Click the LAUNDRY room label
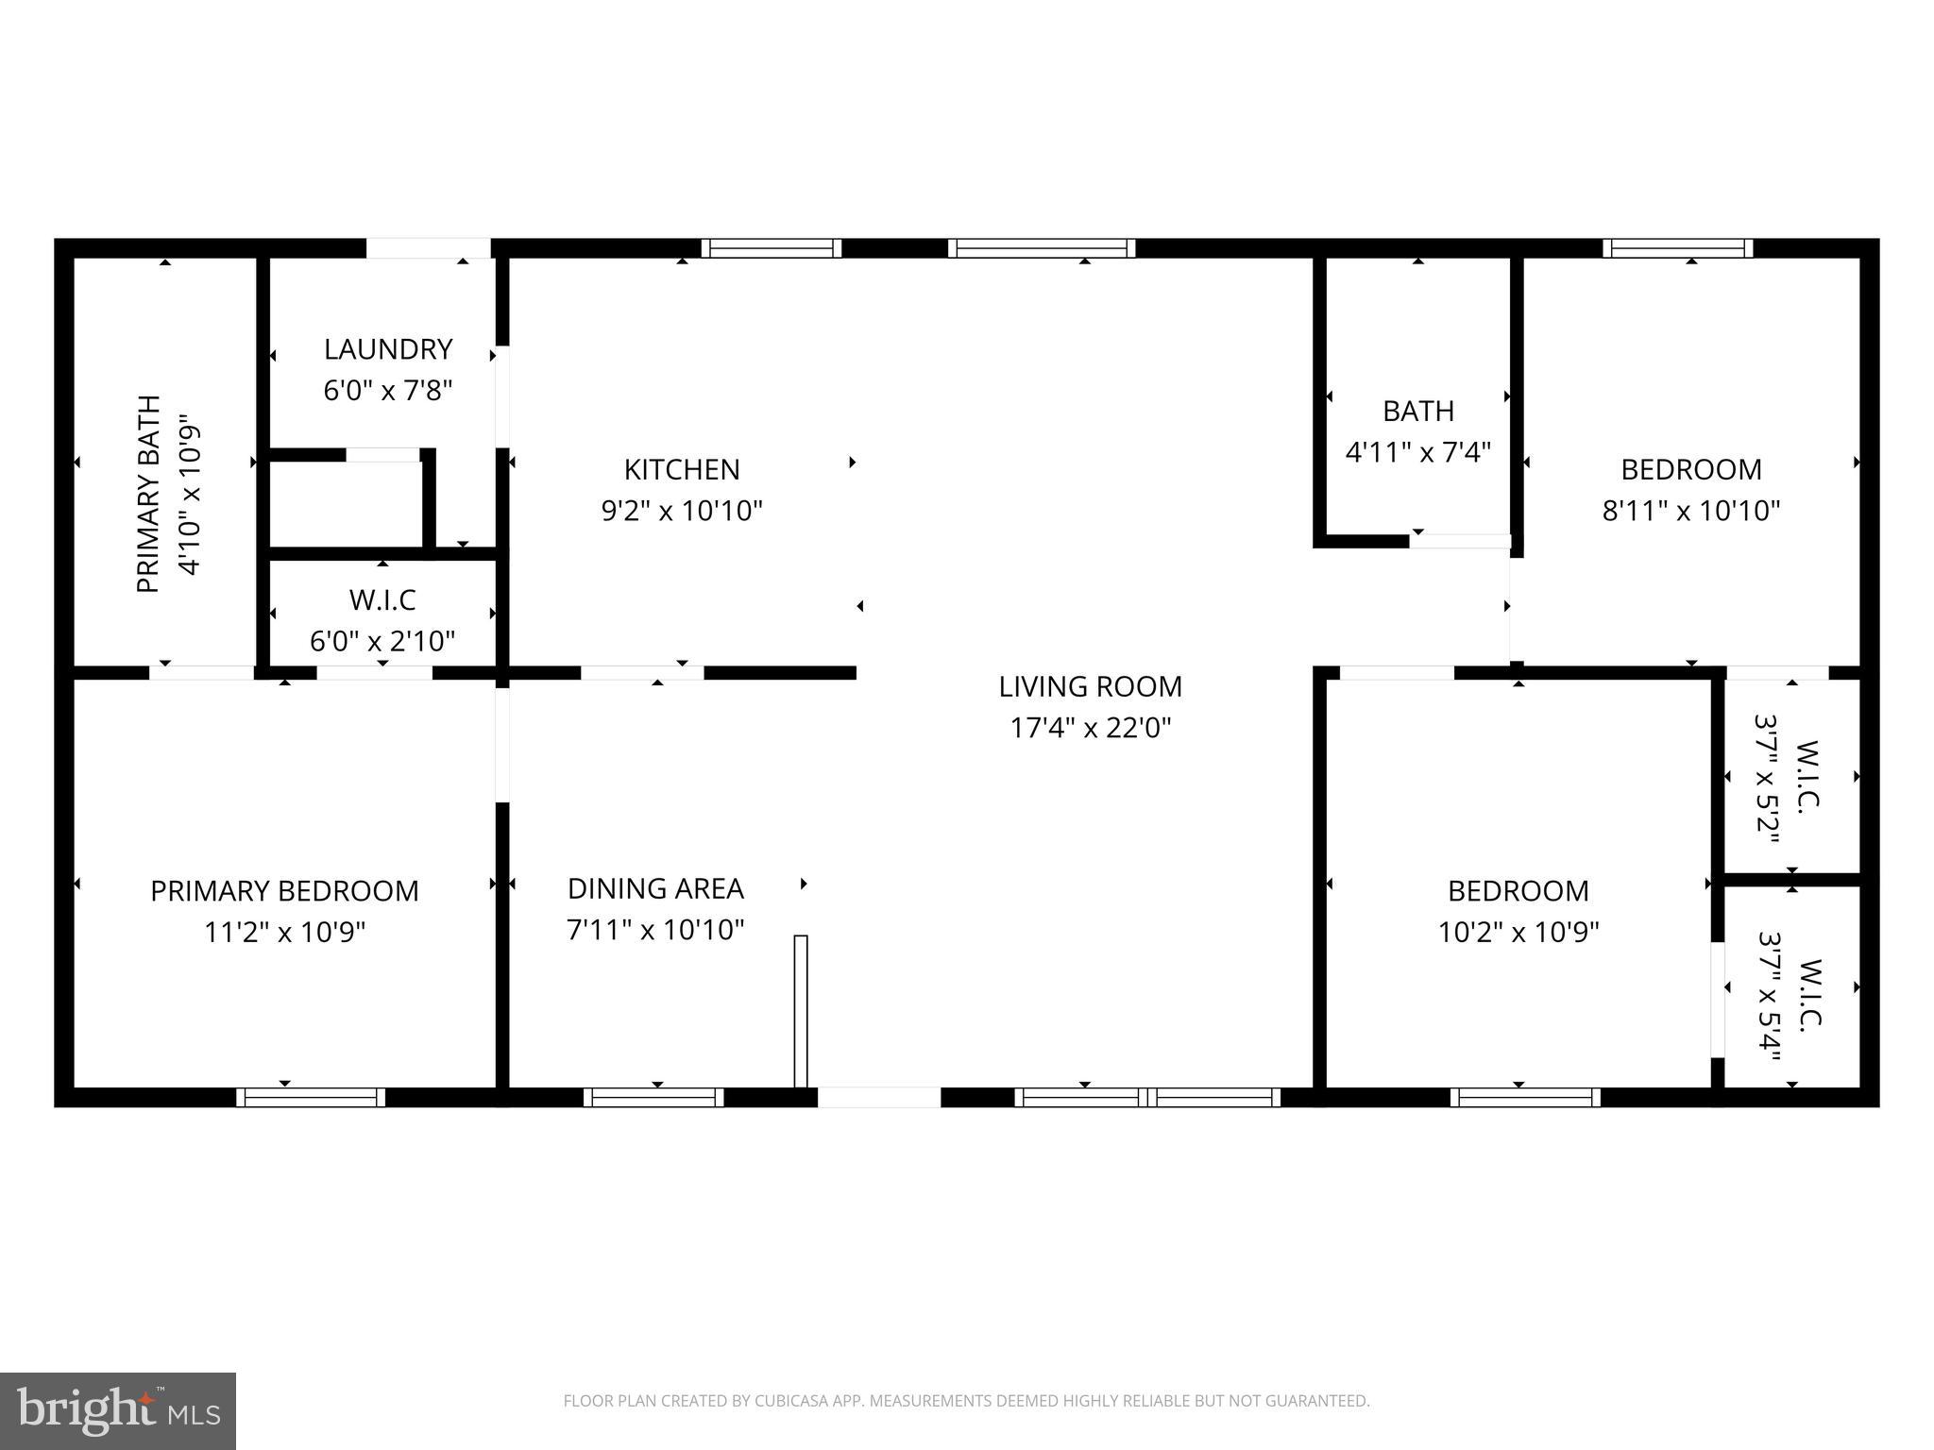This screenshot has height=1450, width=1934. (x=388, y=349)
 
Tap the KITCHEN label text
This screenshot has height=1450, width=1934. (x=682, y=469)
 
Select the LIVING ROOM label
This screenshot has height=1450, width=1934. (x=1090, y=686)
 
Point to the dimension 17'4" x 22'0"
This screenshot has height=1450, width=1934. (x=1090, y=728)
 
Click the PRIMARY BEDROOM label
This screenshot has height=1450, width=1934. (x=284, y=890)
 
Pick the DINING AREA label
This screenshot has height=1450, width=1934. (x=655, y=888)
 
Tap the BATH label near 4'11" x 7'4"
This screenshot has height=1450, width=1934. (x=1417, y=411)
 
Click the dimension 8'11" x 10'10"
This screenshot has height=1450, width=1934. (x=1690, y=511)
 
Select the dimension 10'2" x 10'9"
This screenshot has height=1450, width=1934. (x=1518, y=932)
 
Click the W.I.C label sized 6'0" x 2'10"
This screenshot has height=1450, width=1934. (x=382, y=600)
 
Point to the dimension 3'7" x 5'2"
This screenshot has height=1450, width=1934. (x=1766, y=776)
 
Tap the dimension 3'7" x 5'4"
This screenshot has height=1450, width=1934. (x=1768, y=986)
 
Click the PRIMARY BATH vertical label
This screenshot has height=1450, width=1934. (x=149, y=494)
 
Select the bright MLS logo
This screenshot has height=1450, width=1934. (x=117, y=1410)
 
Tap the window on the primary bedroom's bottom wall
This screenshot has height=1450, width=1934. (x=311, y=1097)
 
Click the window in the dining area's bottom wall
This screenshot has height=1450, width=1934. (x=653, y=1097)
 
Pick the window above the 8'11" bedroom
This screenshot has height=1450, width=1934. (x=1677, y=248)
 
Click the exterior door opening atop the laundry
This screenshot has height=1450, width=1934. (x=428, y=248)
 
